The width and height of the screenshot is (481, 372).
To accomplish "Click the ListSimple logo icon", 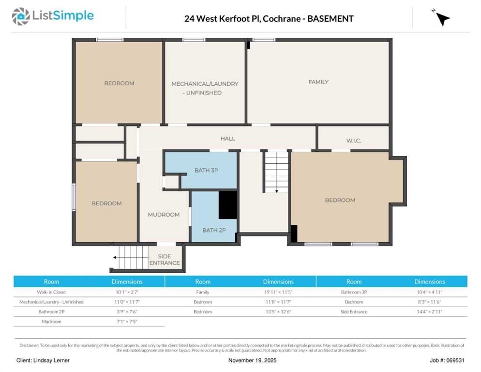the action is (20, 16).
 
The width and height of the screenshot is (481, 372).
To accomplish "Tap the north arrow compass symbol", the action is (442, 18).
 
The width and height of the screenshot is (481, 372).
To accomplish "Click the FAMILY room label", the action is (318, 82).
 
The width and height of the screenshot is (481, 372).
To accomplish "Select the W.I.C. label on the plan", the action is (353, 140).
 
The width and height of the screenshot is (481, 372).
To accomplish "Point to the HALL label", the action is (227, 139).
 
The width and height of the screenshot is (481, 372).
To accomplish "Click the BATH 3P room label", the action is (206, 170).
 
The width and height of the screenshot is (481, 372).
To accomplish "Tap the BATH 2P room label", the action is (214, 230).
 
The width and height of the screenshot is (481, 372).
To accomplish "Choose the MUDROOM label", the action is (164, 215).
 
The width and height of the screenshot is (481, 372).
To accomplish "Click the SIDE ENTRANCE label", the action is (165, 260).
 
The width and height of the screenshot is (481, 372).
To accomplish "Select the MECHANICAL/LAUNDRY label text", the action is (205, 84).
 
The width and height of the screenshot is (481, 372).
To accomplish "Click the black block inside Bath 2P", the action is (227, 205).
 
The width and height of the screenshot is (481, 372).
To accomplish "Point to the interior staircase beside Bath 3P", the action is (276, 172).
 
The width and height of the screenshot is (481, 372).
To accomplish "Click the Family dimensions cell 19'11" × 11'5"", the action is (278, 292).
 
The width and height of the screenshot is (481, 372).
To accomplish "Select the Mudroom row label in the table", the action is (51, 322).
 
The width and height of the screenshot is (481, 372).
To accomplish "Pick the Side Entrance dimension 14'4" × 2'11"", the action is (430, 312).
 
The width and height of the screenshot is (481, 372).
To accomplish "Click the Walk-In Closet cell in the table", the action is (51, 292).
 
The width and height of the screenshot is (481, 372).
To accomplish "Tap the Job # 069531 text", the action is (447, 360).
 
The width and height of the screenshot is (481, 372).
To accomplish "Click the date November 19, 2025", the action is (252, 360).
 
